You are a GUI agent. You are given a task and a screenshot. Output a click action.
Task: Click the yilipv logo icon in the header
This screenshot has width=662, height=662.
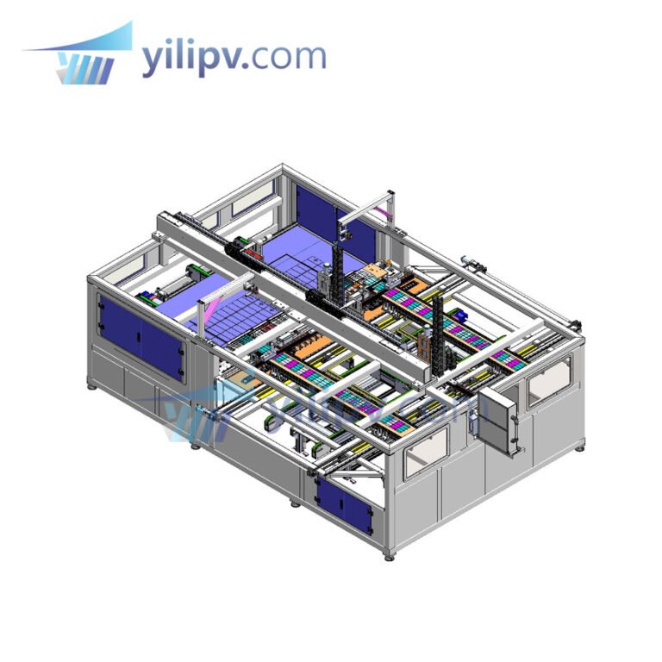(82, 58)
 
